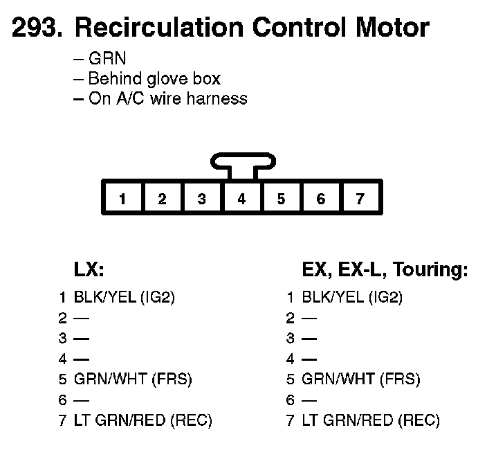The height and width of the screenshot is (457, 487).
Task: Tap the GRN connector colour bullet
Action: pos(107,59)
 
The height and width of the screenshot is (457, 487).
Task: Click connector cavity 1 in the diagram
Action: pos(122,199)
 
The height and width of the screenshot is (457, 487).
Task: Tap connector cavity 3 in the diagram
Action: pos(201,199)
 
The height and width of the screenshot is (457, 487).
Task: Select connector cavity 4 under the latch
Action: pos(241,199)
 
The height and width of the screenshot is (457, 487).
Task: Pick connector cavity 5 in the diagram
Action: pos(281,199)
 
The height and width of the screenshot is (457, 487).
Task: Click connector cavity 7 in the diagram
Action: pos(360,199)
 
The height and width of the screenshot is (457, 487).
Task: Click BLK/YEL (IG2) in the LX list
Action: pos(125,298)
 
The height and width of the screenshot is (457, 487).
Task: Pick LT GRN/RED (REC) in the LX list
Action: pos(143,420)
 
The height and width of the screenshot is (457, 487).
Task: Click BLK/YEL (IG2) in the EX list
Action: pos(352,298)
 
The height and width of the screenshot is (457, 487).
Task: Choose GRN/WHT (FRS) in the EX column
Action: pos(361,379)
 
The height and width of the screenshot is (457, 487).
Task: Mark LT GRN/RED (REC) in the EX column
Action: pos(371,420)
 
